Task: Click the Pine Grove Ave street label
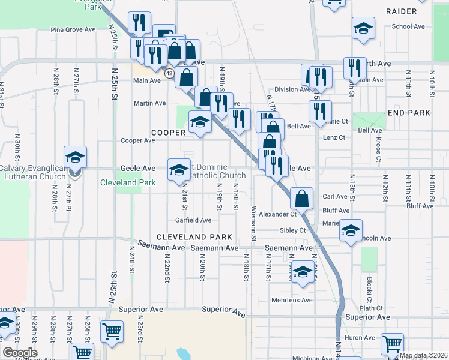click(73, 29)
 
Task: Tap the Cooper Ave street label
click(138, 140)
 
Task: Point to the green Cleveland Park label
click(128, 182)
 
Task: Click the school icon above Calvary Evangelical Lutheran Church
click(76, 157)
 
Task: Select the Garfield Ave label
click(193, 220)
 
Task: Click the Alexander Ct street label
click(278, 214)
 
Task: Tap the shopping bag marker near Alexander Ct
click(301, 198)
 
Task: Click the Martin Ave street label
click(149, 103)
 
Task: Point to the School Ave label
click(408, 26)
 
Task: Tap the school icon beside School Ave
click(363, 29)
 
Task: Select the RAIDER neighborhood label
click(401, 11)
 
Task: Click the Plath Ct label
click(372, 308)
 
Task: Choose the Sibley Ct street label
click(292, 230)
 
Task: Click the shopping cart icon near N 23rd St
click(112, 331)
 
